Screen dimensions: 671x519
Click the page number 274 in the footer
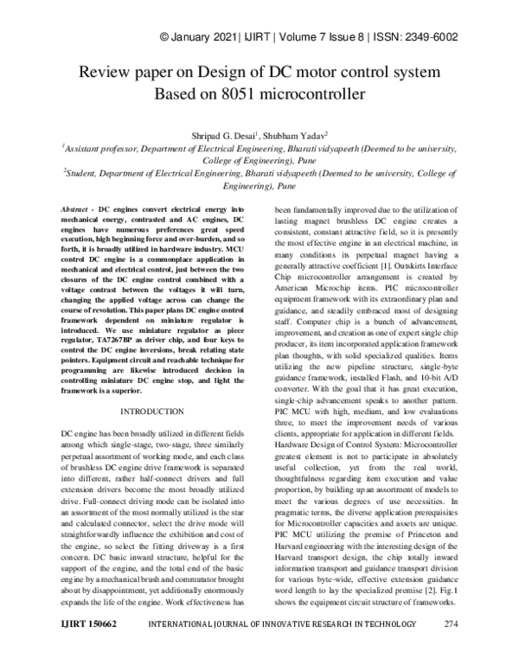[451, 649]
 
